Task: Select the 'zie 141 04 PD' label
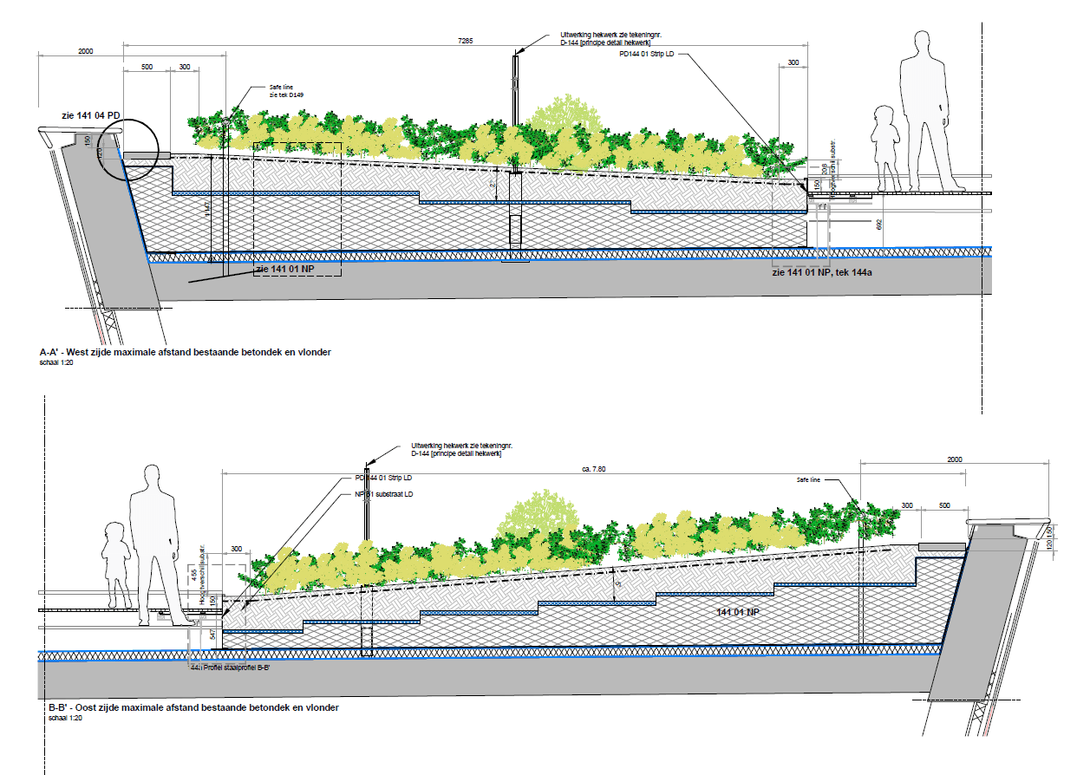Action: (89, 116)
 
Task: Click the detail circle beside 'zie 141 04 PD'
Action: (127, 148)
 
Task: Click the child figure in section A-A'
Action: (884, 147)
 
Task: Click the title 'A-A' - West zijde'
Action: (186, 352)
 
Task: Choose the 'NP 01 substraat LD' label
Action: (384, 494)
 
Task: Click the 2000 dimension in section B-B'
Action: (954, 459)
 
